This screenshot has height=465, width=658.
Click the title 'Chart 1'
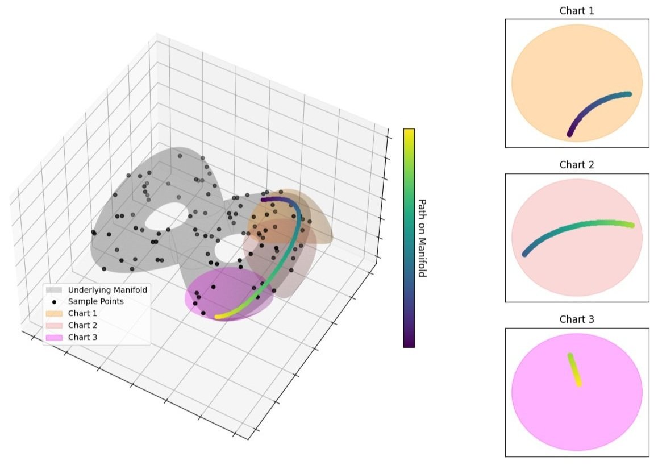coord(577,11)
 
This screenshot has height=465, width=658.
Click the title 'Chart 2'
coord(577,165)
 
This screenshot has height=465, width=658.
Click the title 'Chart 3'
coord(577,319)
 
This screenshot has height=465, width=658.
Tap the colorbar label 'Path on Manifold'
coord(422,238)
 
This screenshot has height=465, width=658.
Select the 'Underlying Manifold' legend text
coord(107,290)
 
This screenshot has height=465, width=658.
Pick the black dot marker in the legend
coord(54,301)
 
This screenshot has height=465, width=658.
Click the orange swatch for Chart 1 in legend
coord(54,313)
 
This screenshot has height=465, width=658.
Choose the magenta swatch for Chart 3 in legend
coord(54,337)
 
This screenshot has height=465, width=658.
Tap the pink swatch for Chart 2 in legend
coord(54,325)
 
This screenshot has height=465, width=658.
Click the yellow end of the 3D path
coord(218,316)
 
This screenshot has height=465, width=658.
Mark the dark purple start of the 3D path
coord(264,198)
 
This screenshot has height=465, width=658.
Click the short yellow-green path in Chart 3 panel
coord(574,370)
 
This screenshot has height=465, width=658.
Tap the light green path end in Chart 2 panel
coord(630,225)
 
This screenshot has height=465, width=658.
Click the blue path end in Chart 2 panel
coord(525,253)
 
